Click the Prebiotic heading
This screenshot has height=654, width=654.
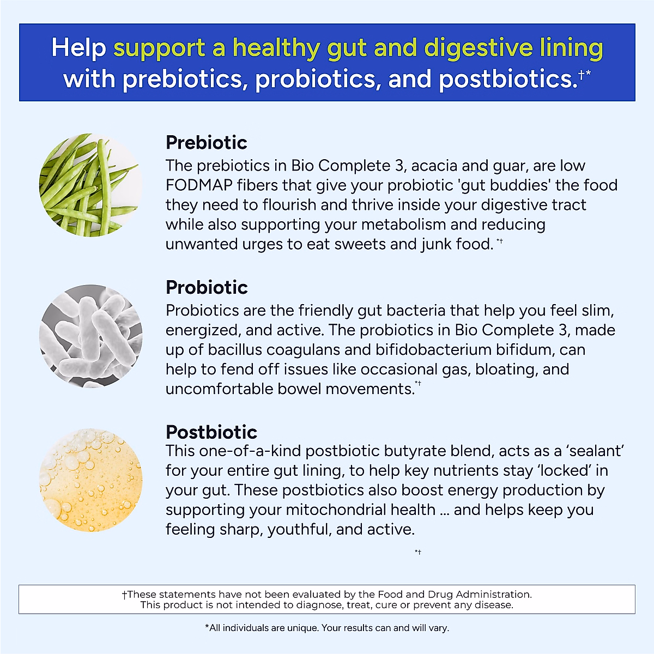(206, 143)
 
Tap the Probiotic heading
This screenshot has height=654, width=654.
(207, 287)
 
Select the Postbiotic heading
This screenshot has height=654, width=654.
(211, 432)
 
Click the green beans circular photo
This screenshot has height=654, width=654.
(90, 185)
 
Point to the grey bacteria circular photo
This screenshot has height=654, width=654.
(90, 336)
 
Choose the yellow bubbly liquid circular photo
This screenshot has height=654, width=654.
(90, 480)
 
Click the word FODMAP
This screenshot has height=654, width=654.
(199, 185)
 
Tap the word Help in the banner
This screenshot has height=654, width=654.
(78, 48)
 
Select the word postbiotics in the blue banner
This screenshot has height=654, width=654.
(507, 80)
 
